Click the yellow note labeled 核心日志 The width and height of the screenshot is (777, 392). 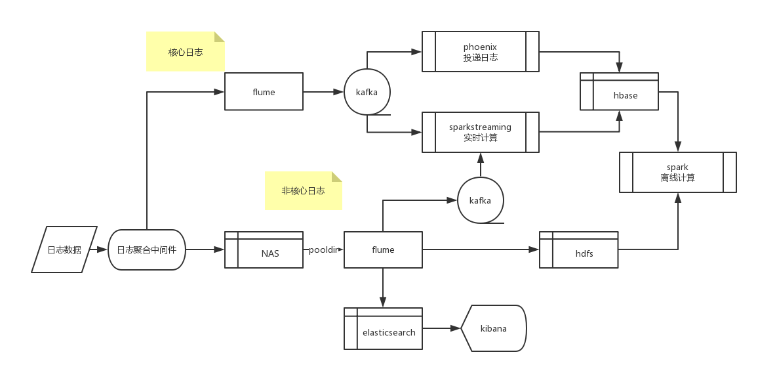coord(186,52)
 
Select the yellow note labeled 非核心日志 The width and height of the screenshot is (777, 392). coord(303,191)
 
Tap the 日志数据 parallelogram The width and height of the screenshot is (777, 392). coord(64,250)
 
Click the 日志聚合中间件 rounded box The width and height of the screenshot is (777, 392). coord(147,250)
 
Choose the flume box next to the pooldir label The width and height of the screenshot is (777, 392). coord(383,250)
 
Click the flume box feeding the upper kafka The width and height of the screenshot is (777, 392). coord(264,92)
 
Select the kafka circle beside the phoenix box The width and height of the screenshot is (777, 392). coord(367,92)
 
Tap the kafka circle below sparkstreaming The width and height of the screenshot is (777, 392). coord(481,200)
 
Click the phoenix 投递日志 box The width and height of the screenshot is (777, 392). coord(481,52)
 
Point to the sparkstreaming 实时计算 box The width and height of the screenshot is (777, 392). coord(481,132)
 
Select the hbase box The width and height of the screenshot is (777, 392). coord(620,92)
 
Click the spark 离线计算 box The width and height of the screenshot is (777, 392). coord(678,173)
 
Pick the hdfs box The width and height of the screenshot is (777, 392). coord(579,250)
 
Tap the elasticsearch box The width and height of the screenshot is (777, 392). coord(384,328)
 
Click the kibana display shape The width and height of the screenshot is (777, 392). coord(494,328)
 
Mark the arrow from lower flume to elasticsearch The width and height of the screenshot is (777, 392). coord(383,288)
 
